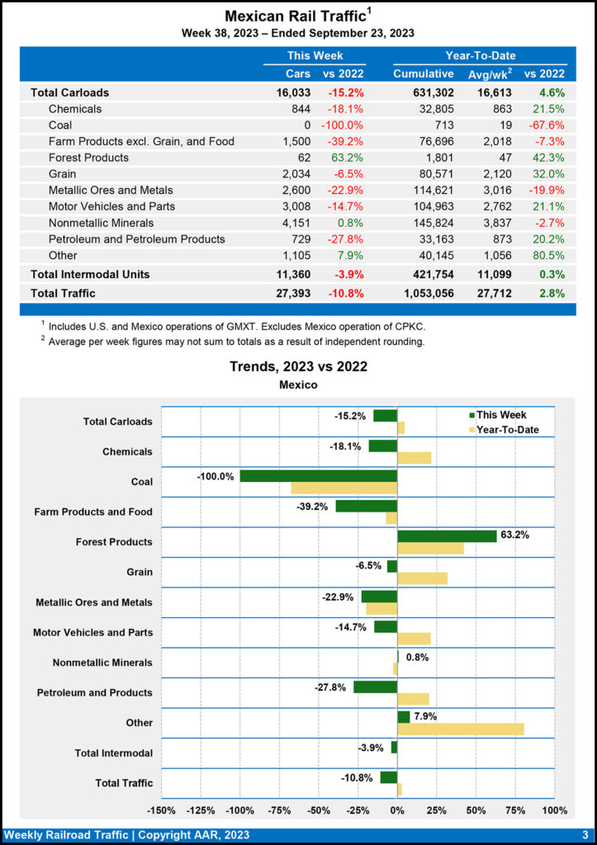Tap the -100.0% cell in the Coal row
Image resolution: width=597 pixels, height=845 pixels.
pyautogui.click(x=343, y=125)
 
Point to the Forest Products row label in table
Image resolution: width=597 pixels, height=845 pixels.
pyautogui.click(x=88, y=158)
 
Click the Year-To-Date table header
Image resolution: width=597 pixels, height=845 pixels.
pyautogui.click(x=480, y=55)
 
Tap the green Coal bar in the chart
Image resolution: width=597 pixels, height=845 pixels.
pyautogui.click(x=319, y=476)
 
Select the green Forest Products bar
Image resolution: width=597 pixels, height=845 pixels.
pyautogui.click(x=447, y=536)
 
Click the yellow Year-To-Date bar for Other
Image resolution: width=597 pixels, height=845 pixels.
pyautogui.click(x=461, y=729)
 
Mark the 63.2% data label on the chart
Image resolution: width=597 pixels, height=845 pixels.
pyautogui.click(x=514, y=535)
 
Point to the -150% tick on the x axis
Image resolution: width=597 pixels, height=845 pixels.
pyautogui.click(x=161, y=810)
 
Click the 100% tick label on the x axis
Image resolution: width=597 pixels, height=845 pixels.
pyautogui.click(x=554, y=810)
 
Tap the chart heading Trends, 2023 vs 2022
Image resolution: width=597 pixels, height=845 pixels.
pyautogui.click(x=298, y=366)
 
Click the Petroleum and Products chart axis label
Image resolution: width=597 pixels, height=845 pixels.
pyautogui.click(x=95, y=692)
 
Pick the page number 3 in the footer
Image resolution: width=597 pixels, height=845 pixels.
pyautogui.click(x=585, y=835)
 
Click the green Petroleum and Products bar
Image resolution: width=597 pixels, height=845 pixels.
pyautogui.click(x=375, y=687)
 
